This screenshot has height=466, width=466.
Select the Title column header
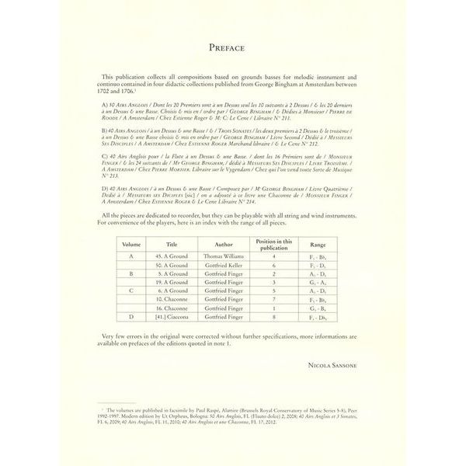[172, 243]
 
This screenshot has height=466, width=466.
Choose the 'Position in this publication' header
[273, 243]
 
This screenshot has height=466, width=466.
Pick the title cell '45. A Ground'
[172, 256]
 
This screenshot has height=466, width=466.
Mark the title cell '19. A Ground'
[172, 287]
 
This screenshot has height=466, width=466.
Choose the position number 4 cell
[273, 256]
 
